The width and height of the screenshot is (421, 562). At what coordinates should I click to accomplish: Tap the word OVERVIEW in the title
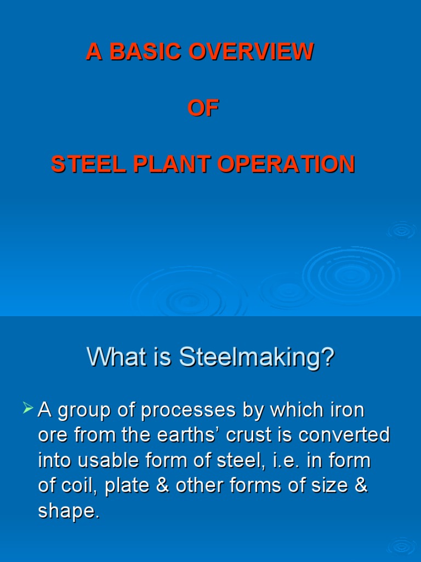[x=251, y=52]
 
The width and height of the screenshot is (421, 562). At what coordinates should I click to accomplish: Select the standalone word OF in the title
[x=203, y=109]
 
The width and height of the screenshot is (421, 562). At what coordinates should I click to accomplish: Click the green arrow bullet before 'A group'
[x=29, y=409]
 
